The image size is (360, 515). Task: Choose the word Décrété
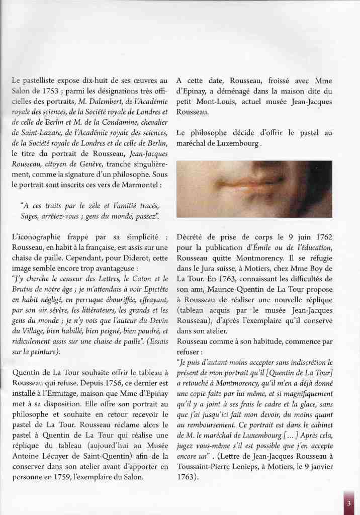pyautogui.click(x=192, y=236)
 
